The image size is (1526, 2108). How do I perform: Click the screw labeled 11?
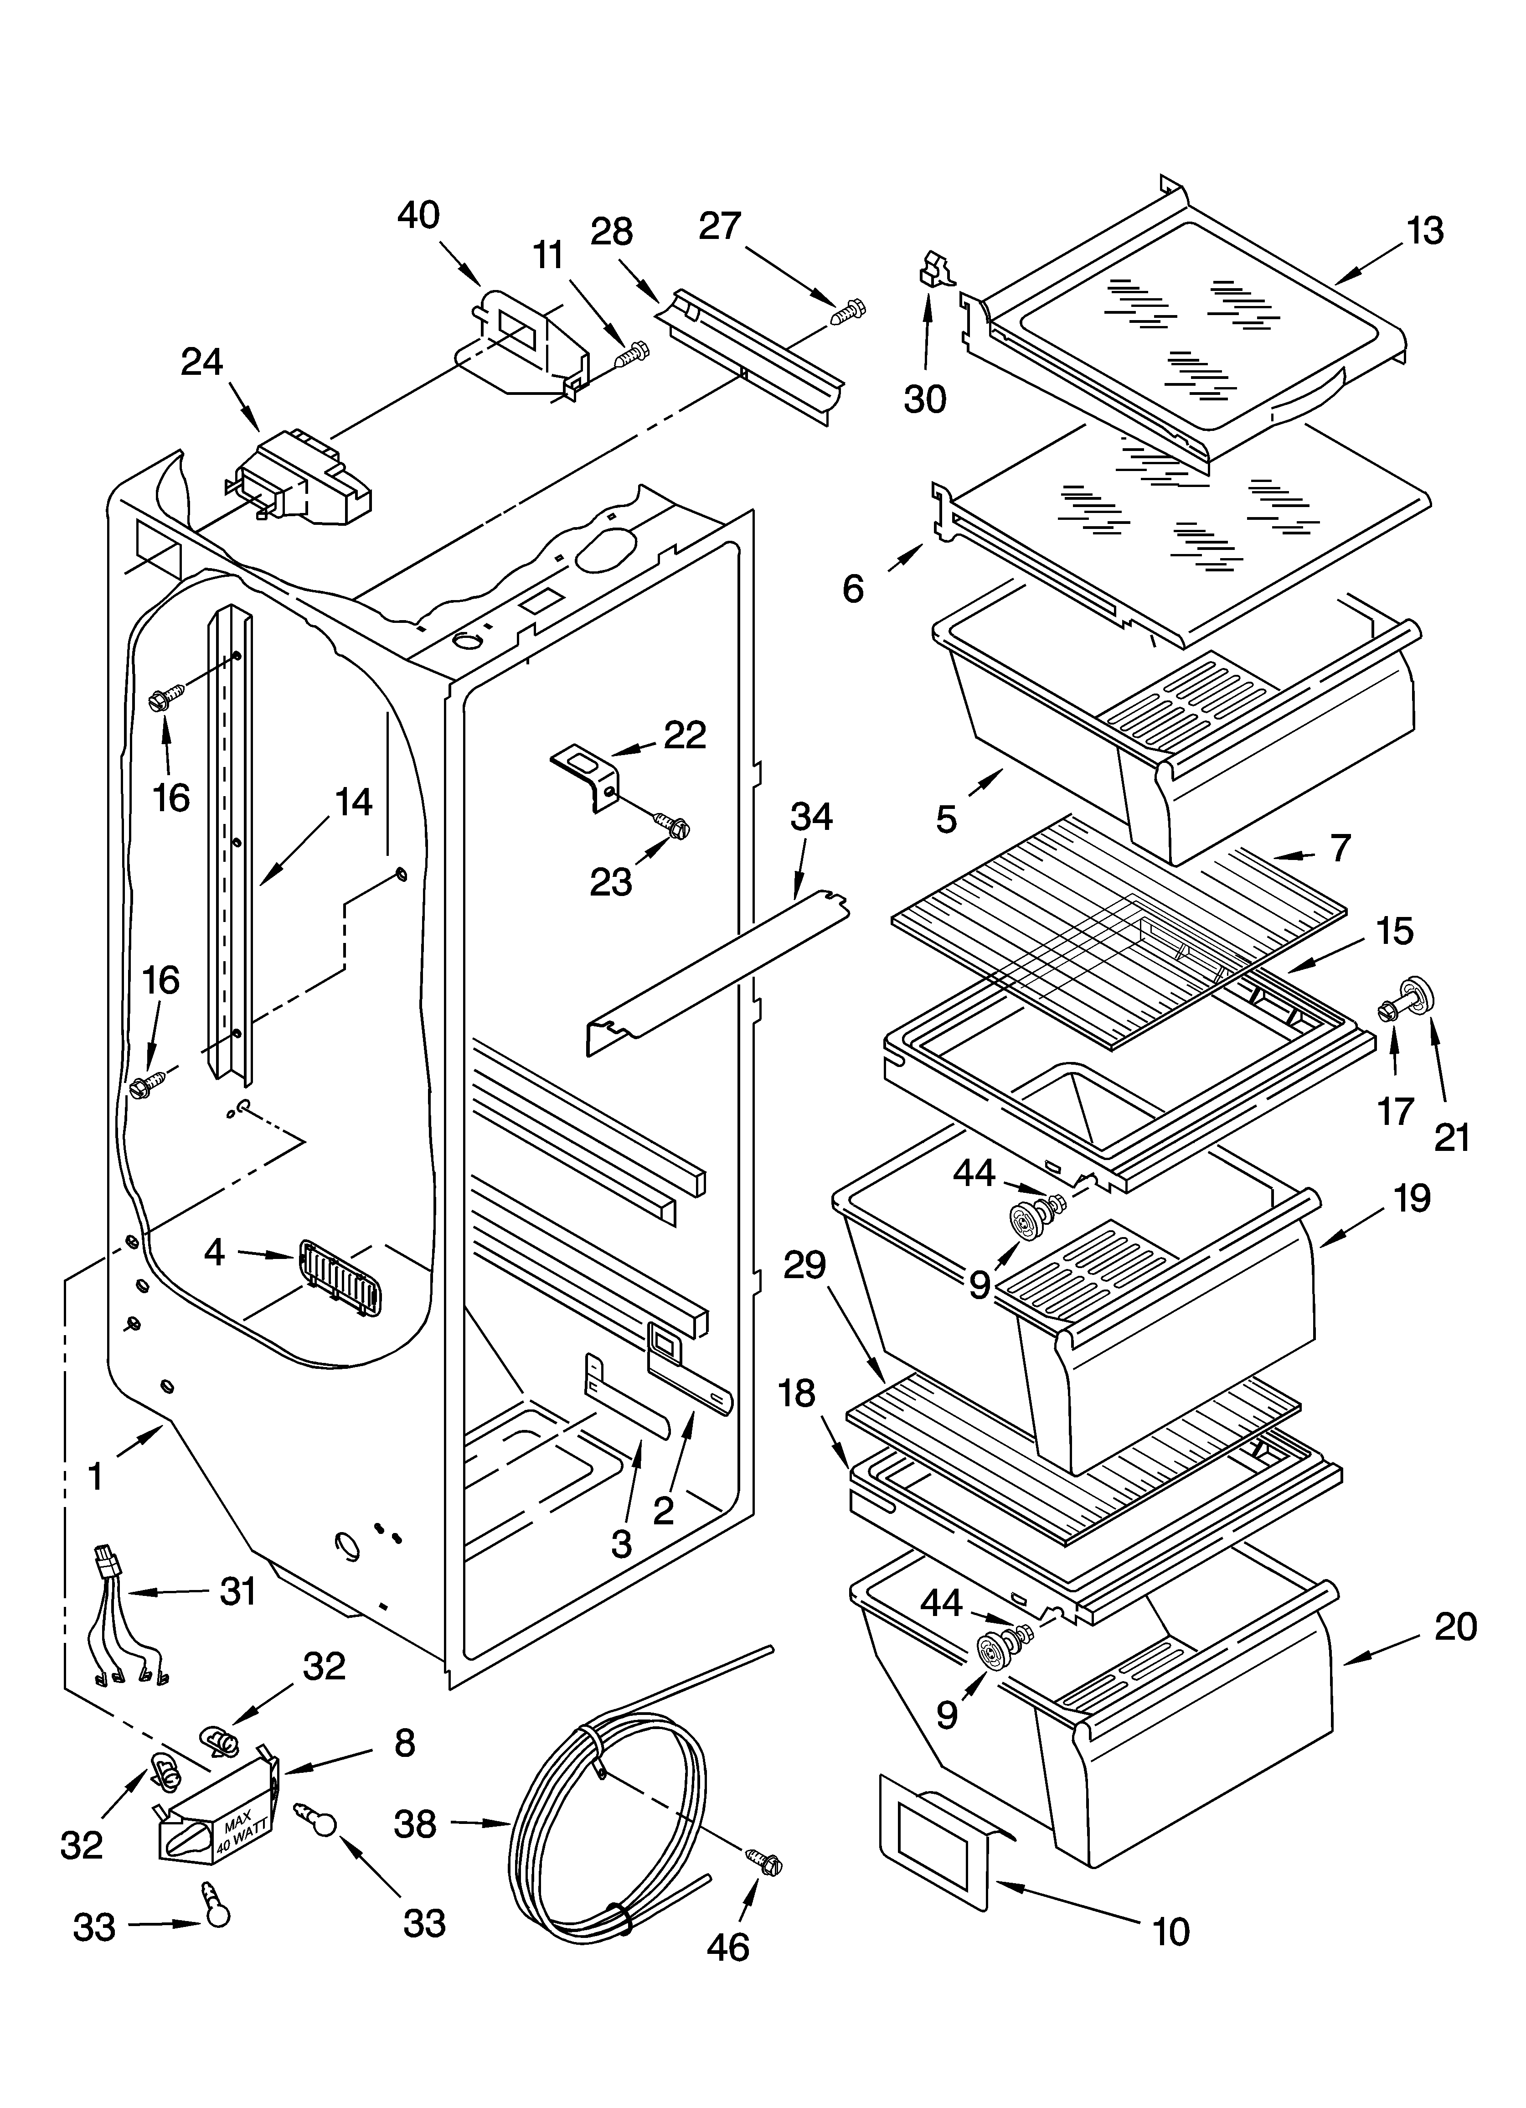(634, 351)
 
